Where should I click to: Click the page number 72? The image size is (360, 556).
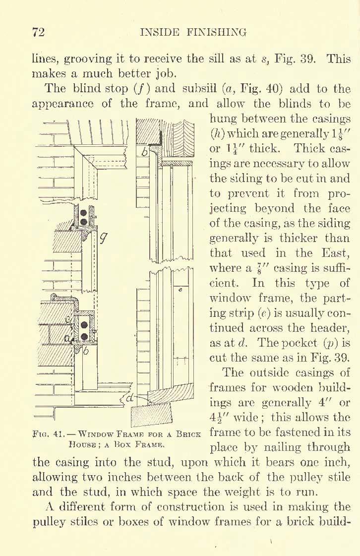[38, 32]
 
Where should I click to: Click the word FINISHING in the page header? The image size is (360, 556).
[216, 33]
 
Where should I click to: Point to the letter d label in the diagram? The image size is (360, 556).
[130, 398]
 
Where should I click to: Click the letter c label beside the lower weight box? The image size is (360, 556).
[68, 319]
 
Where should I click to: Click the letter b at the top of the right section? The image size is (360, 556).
[144, 152]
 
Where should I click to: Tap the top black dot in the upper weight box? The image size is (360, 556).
[84, 214]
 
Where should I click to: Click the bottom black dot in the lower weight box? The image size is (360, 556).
[84, 336]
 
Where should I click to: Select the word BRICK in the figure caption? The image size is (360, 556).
[190, 433]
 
